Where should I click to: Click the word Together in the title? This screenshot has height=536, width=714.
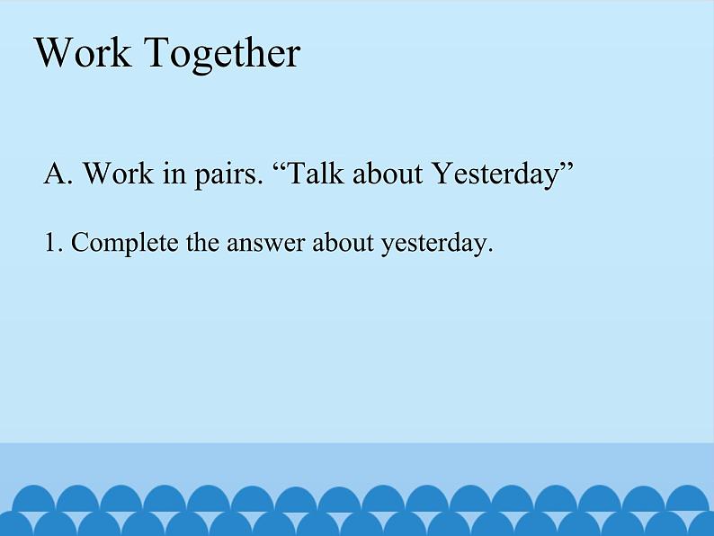click(x=222, y=54)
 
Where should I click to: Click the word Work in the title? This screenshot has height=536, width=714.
click(x=83, y=52)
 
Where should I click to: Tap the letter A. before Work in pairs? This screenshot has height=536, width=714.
click(x=58, y=174)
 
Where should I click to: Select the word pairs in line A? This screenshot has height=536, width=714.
click(x=229, y=175)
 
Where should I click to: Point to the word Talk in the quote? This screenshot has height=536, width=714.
click(x=316, y=173)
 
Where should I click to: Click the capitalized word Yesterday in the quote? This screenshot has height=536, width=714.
click(x=495, y=175)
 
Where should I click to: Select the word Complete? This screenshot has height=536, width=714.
click(x=124, y=244)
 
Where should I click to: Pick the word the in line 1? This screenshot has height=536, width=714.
click(x=202, y=242)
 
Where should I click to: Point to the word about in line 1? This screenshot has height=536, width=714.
click(x=343, y=242)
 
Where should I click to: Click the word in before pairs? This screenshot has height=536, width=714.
click(x=174, y=174)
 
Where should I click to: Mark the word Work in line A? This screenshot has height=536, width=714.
click(x=119, y=173)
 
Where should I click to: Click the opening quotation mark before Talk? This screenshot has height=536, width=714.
click(x=280, y=167)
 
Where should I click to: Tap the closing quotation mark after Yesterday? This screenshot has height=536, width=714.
click(x=566, y=167)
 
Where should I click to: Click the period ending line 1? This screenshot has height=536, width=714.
click(x=490, y=251)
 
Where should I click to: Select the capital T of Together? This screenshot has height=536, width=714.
click(x=159, y=52)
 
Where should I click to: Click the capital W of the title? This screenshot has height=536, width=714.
click(x=55, y=52)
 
